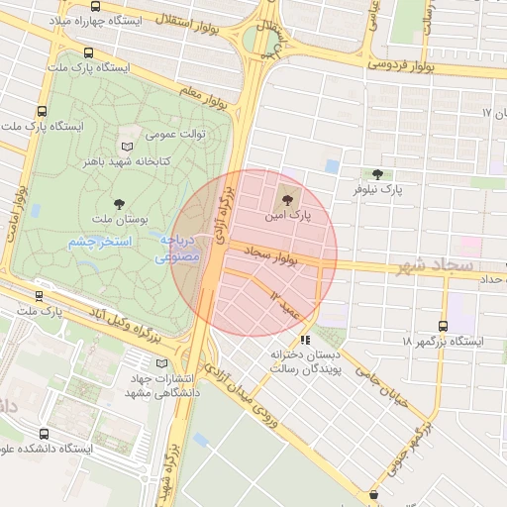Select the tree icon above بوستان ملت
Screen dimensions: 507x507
coord(120,203)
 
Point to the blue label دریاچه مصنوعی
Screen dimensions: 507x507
coord(179,248)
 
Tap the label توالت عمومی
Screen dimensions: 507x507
coord(174,132)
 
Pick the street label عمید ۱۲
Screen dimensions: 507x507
coord(286,301)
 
